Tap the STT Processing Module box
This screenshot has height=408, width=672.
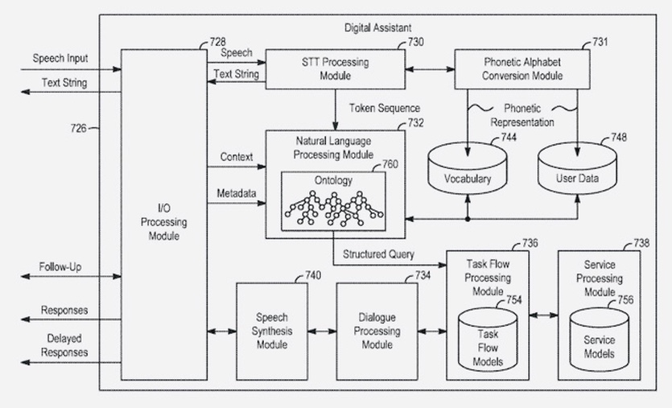point(335,69)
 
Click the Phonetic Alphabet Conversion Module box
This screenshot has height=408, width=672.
point(522,69)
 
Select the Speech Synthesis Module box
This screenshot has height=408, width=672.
point(271,330)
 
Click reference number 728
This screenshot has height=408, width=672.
point(216,40)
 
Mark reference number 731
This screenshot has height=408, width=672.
point(600,41)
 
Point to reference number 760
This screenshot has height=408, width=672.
point(390,164)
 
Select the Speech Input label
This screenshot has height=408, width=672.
point(60,59)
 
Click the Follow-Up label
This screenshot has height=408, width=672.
point(60,266)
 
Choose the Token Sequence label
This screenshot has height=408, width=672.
point(384,107)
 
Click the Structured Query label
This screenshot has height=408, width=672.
point(379,254)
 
